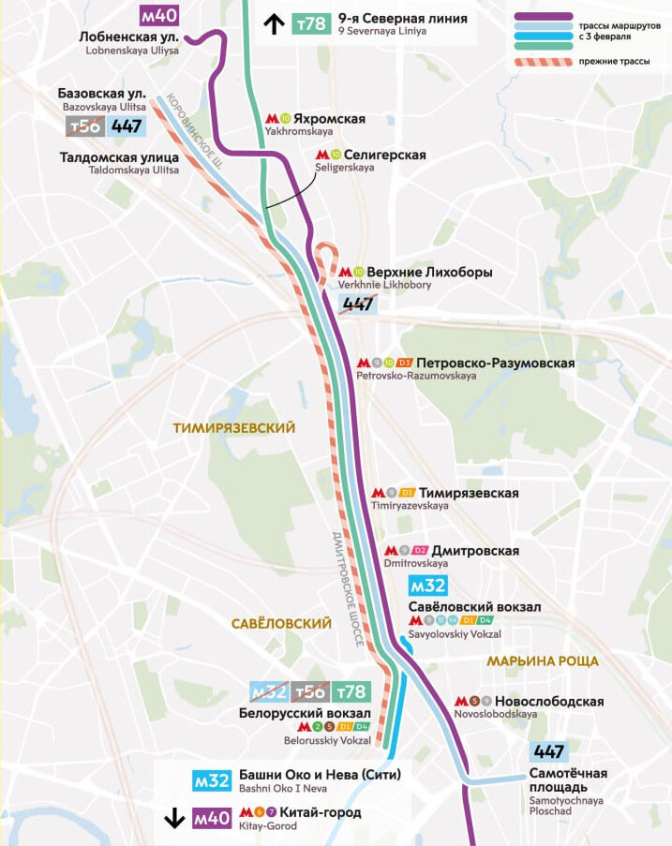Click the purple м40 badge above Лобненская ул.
[x=158, y=15]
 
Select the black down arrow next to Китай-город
[x=174, y=818]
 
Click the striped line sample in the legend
[x=542, y=62]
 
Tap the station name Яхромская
[x=329, y=119]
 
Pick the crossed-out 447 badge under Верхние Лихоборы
[x=359, y=304]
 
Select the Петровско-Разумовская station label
[x=496, y=363]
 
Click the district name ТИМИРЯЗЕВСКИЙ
[x=234, y=427]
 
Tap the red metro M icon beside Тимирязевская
[x=379, y=493]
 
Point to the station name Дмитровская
[x=475, y=551]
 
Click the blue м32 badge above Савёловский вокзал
[x=427, y=586]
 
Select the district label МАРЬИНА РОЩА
[x=543, y=661]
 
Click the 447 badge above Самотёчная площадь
[x=549, y=751]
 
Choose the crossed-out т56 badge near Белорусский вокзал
[x=311, y=692]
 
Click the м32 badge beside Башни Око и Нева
[x=212, y=780]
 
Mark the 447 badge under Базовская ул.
[x=127, y=126]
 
